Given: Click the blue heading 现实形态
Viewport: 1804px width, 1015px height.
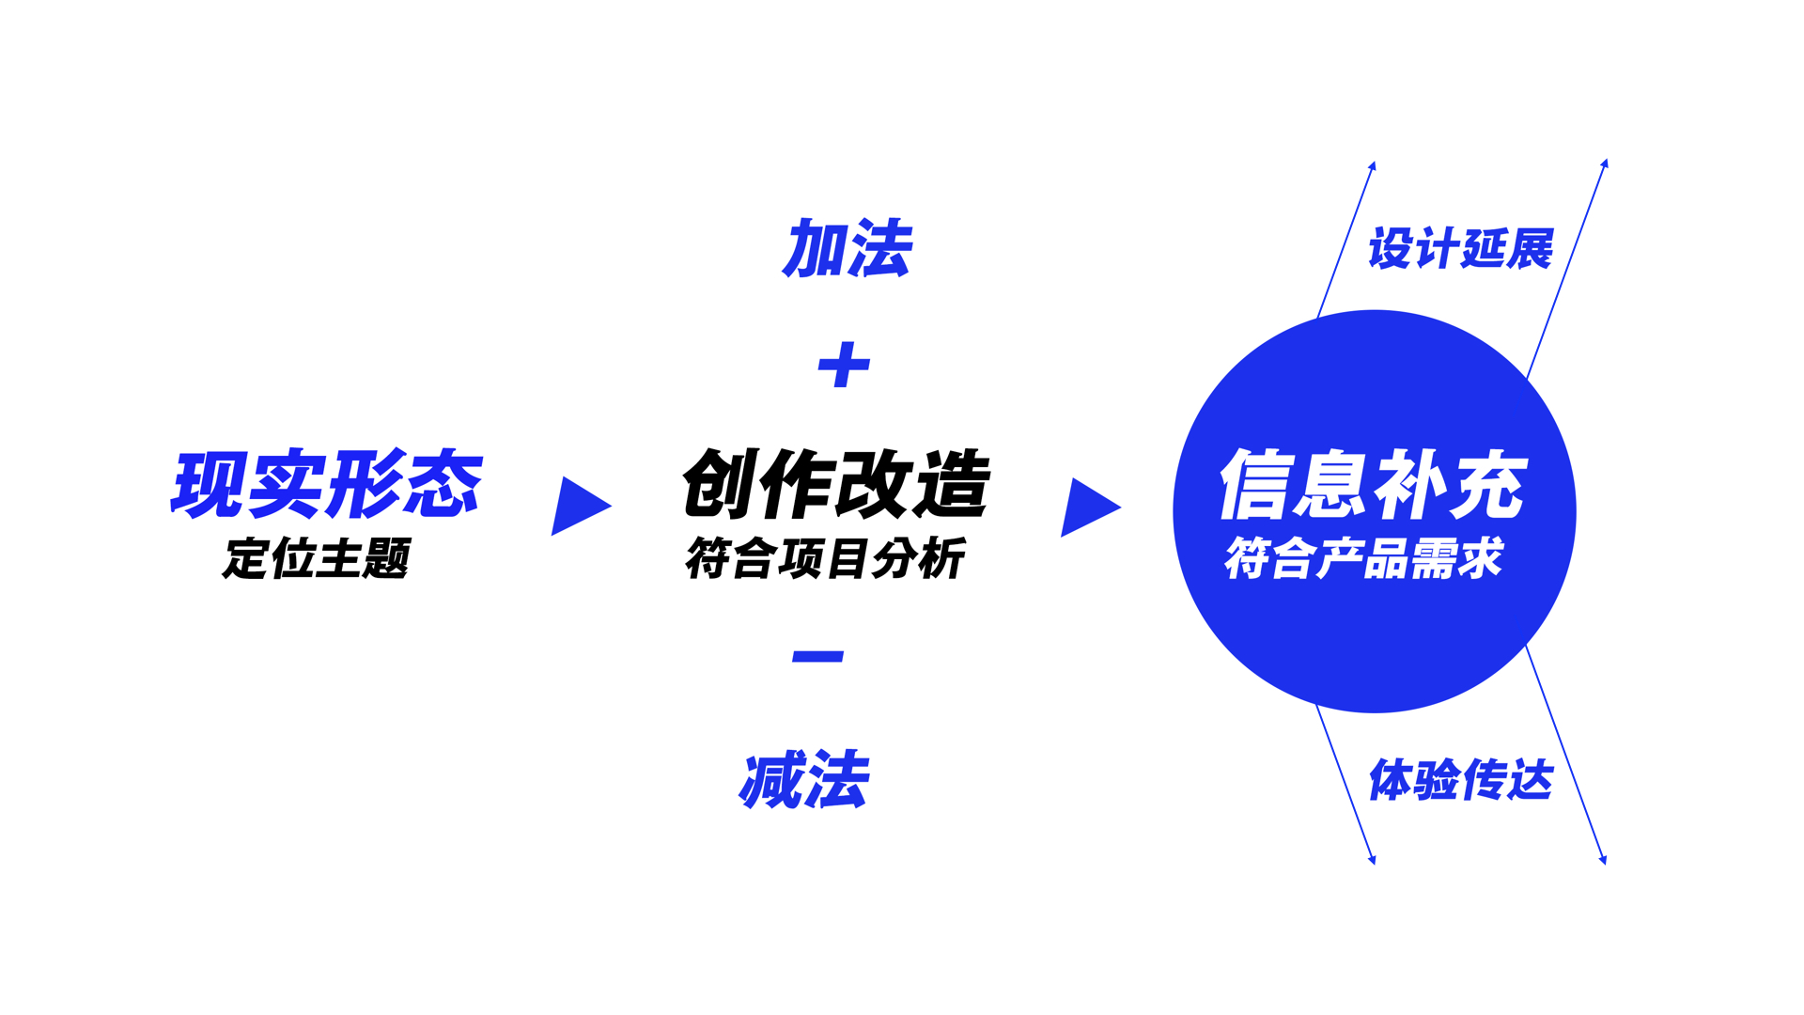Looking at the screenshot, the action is pos(326,485).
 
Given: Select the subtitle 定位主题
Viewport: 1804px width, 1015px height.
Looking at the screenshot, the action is pos(317,558).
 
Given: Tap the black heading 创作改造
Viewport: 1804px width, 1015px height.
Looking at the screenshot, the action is pos(835,485).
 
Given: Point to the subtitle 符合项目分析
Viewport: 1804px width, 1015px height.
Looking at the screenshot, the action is pos(824,558).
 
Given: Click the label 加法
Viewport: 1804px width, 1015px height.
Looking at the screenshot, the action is pos(847,249).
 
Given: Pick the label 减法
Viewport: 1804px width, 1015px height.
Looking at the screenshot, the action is pos(804,780).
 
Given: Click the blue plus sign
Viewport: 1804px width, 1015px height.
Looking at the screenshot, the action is pos(844,365).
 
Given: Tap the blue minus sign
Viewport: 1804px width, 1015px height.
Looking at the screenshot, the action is pos(817,656).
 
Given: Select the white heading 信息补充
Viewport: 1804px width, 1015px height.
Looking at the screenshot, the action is pos(1373,485).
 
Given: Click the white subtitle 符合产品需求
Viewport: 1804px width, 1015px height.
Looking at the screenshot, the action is pos(1363,558).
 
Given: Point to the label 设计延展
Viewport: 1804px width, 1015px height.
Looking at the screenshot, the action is pos(1460,249).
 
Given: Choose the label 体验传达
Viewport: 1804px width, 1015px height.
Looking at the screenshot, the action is pos(1460,780).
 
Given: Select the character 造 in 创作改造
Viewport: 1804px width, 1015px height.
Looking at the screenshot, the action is pos(952,485).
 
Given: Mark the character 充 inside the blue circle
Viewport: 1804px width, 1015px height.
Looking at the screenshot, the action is pos(1489,485).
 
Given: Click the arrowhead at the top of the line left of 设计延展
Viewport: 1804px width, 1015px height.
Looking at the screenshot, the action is pos(1372,166).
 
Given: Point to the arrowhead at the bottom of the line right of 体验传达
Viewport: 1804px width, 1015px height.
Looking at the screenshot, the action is pos(1602,858).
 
